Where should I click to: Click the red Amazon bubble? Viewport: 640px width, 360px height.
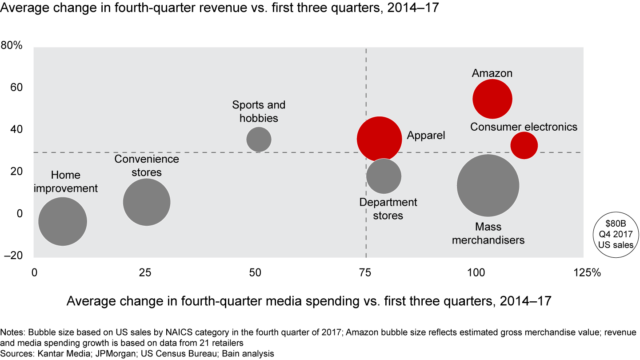point(492,99)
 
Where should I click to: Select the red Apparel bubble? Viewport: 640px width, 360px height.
point(379,139)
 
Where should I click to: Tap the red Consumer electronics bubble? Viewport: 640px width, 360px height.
point(524,145)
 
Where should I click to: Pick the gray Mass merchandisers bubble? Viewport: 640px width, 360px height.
point(488,185)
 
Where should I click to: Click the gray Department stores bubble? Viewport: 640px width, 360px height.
point(384,176)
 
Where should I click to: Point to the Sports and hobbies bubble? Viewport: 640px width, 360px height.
point(259,139)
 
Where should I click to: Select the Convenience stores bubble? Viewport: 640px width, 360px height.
point(147,202)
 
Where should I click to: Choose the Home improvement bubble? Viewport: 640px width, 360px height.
point(63,221)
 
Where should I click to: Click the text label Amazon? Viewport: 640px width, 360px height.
point(492,73)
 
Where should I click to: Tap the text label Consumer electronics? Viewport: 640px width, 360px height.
point(524,127)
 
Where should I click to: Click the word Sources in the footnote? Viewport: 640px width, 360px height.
point(15,354)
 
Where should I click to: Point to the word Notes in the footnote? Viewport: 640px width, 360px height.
point(12,332)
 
